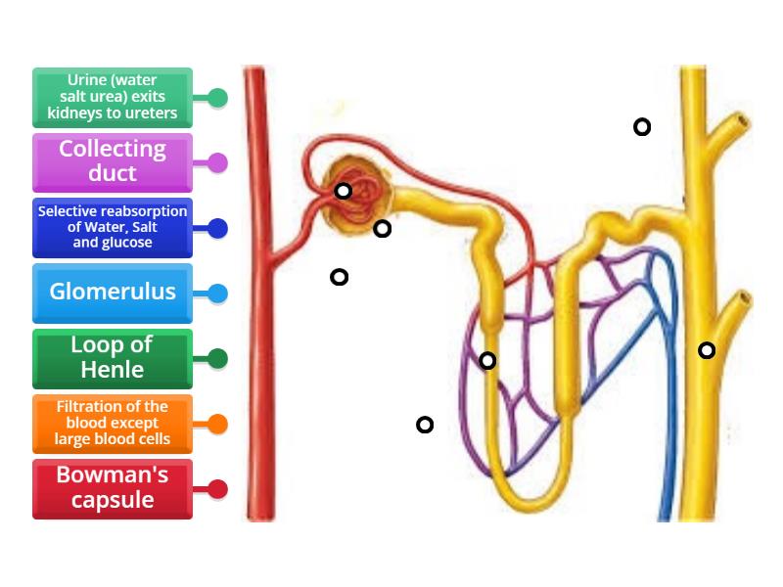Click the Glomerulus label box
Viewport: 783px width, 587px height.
pos(113,293)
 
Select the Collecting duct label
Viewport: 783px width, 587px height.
pos(113,162)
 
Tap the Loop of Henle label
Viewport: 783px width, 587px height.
pos(113,358)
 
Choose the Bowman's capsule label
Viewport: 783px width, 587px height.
pos(113,488)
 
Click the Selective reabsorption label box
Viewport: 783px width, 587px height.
pos(113,227)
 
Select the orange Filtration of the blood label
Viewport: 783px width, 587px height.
pos(113,424)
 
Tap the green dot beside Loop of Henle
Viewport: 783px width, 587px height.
pos(217,358)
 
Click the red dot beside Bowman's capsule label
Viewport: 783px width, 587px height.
pos(217,489)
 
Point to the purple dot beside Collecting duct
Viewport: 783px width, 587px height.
pos(217,162)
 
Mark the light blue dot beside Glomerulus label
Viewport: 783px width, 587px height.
pos(217,293)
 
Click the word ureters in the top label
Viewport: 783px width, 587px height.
pos(152,113)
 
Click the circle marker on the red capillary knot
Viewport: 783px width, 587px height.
pos(343,191)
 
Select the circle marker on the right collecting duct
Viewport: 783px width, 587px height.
pos(707,350)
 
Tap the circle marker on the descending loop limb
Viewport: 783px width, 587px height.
pos(487,361)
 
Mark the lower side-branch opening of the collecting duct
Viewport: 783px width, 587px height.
pos(745,297)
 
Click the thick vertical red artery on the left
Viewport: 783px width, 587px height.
pos(255,293)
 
